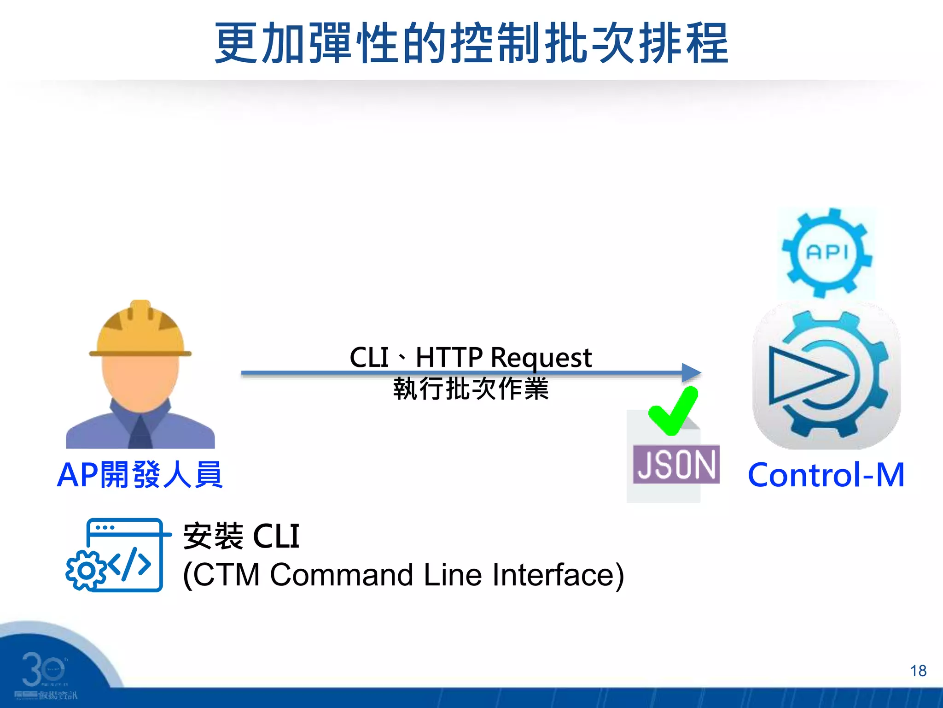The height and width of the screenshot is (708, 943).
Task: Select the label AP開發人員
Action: pos(140,475)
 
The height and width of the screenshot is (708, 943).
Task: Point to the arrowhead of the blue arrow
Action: pos(691,372)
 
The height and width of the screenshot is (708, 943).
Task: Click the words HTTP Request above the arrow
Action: pos(503,357)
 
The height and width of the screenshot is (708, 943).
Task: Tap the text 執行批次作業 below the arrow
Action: pos(471,389)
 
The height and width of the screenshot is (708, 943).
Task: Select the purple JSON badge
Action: pos(676,464)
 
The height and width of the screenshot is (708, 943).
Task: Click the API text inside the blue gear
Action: pos(827,252)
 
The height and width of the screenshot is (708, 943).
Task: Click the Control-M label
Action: pos(826,475)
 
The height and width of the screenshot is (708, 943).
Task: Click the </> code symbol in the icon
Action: pos(129,563)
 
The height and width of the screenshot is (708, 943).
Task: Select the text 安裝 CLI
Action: pos(241,536)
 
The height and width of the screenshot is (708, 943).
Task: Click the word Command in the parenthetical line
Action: pos(341,575)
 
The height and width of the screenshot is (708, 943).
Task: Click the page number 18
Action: pos(918,671)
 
